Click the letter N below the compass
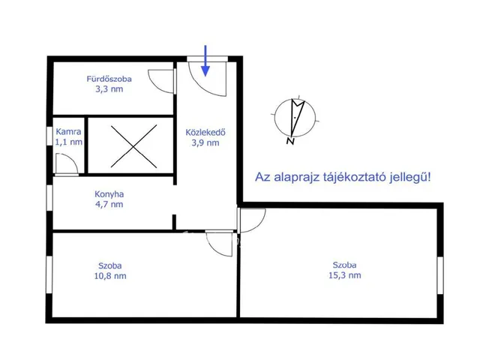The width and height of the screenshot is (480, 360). coord(290,139)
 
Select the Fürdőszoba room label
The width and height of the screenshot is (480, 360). coord(109,77)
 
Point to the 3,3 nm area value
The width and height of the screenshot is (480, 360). coord(109,88)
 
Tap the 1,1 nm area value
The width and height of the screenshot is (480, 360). coord(68,141)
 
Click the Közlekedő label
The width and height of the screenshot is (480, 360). coord(206,133)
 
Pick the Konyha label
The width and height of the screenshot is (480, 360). coord(109,193)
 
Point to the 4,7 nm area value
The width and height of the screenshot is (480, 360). coord(109,203)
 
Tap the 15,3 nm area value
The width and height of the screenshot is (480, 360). coord(346,275)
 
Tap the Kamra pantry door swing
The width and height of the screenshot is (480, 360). coord(65,163)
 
